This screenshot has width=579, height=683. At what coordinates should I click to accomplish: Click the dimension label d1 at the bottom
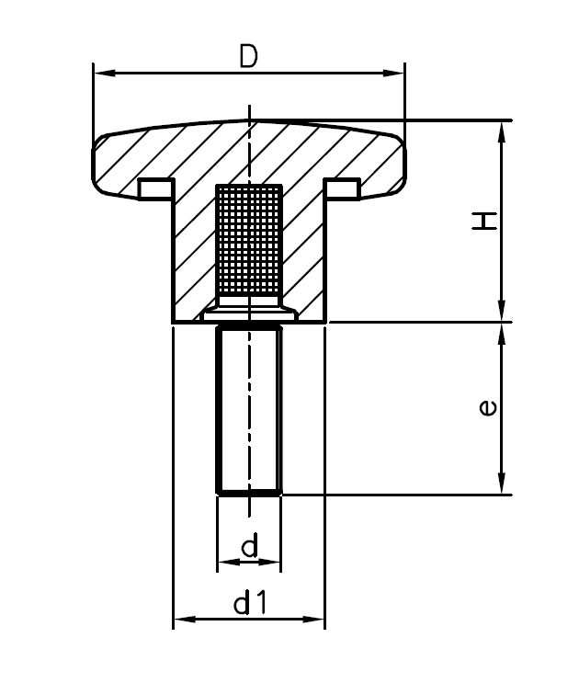tap(249, 604)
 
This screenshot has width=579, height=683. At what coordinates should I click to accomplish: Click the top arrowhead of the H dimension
tap(502, 130)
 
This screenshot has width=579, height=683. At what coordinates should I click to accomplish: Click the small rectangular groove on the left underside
tap(154, 188)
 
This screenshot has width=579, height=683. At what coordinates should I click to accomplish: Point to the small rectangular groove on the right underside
tap(344, 188)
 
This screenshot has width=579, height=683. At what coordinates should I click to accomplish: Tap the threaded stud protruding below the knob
tap(248, 409)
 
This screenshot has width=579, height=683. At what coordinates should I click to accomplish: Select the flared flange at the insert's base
tap(248, 313)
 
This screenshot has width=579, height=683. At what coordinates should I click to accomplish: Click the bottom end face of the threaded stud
tap(248, 494)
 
